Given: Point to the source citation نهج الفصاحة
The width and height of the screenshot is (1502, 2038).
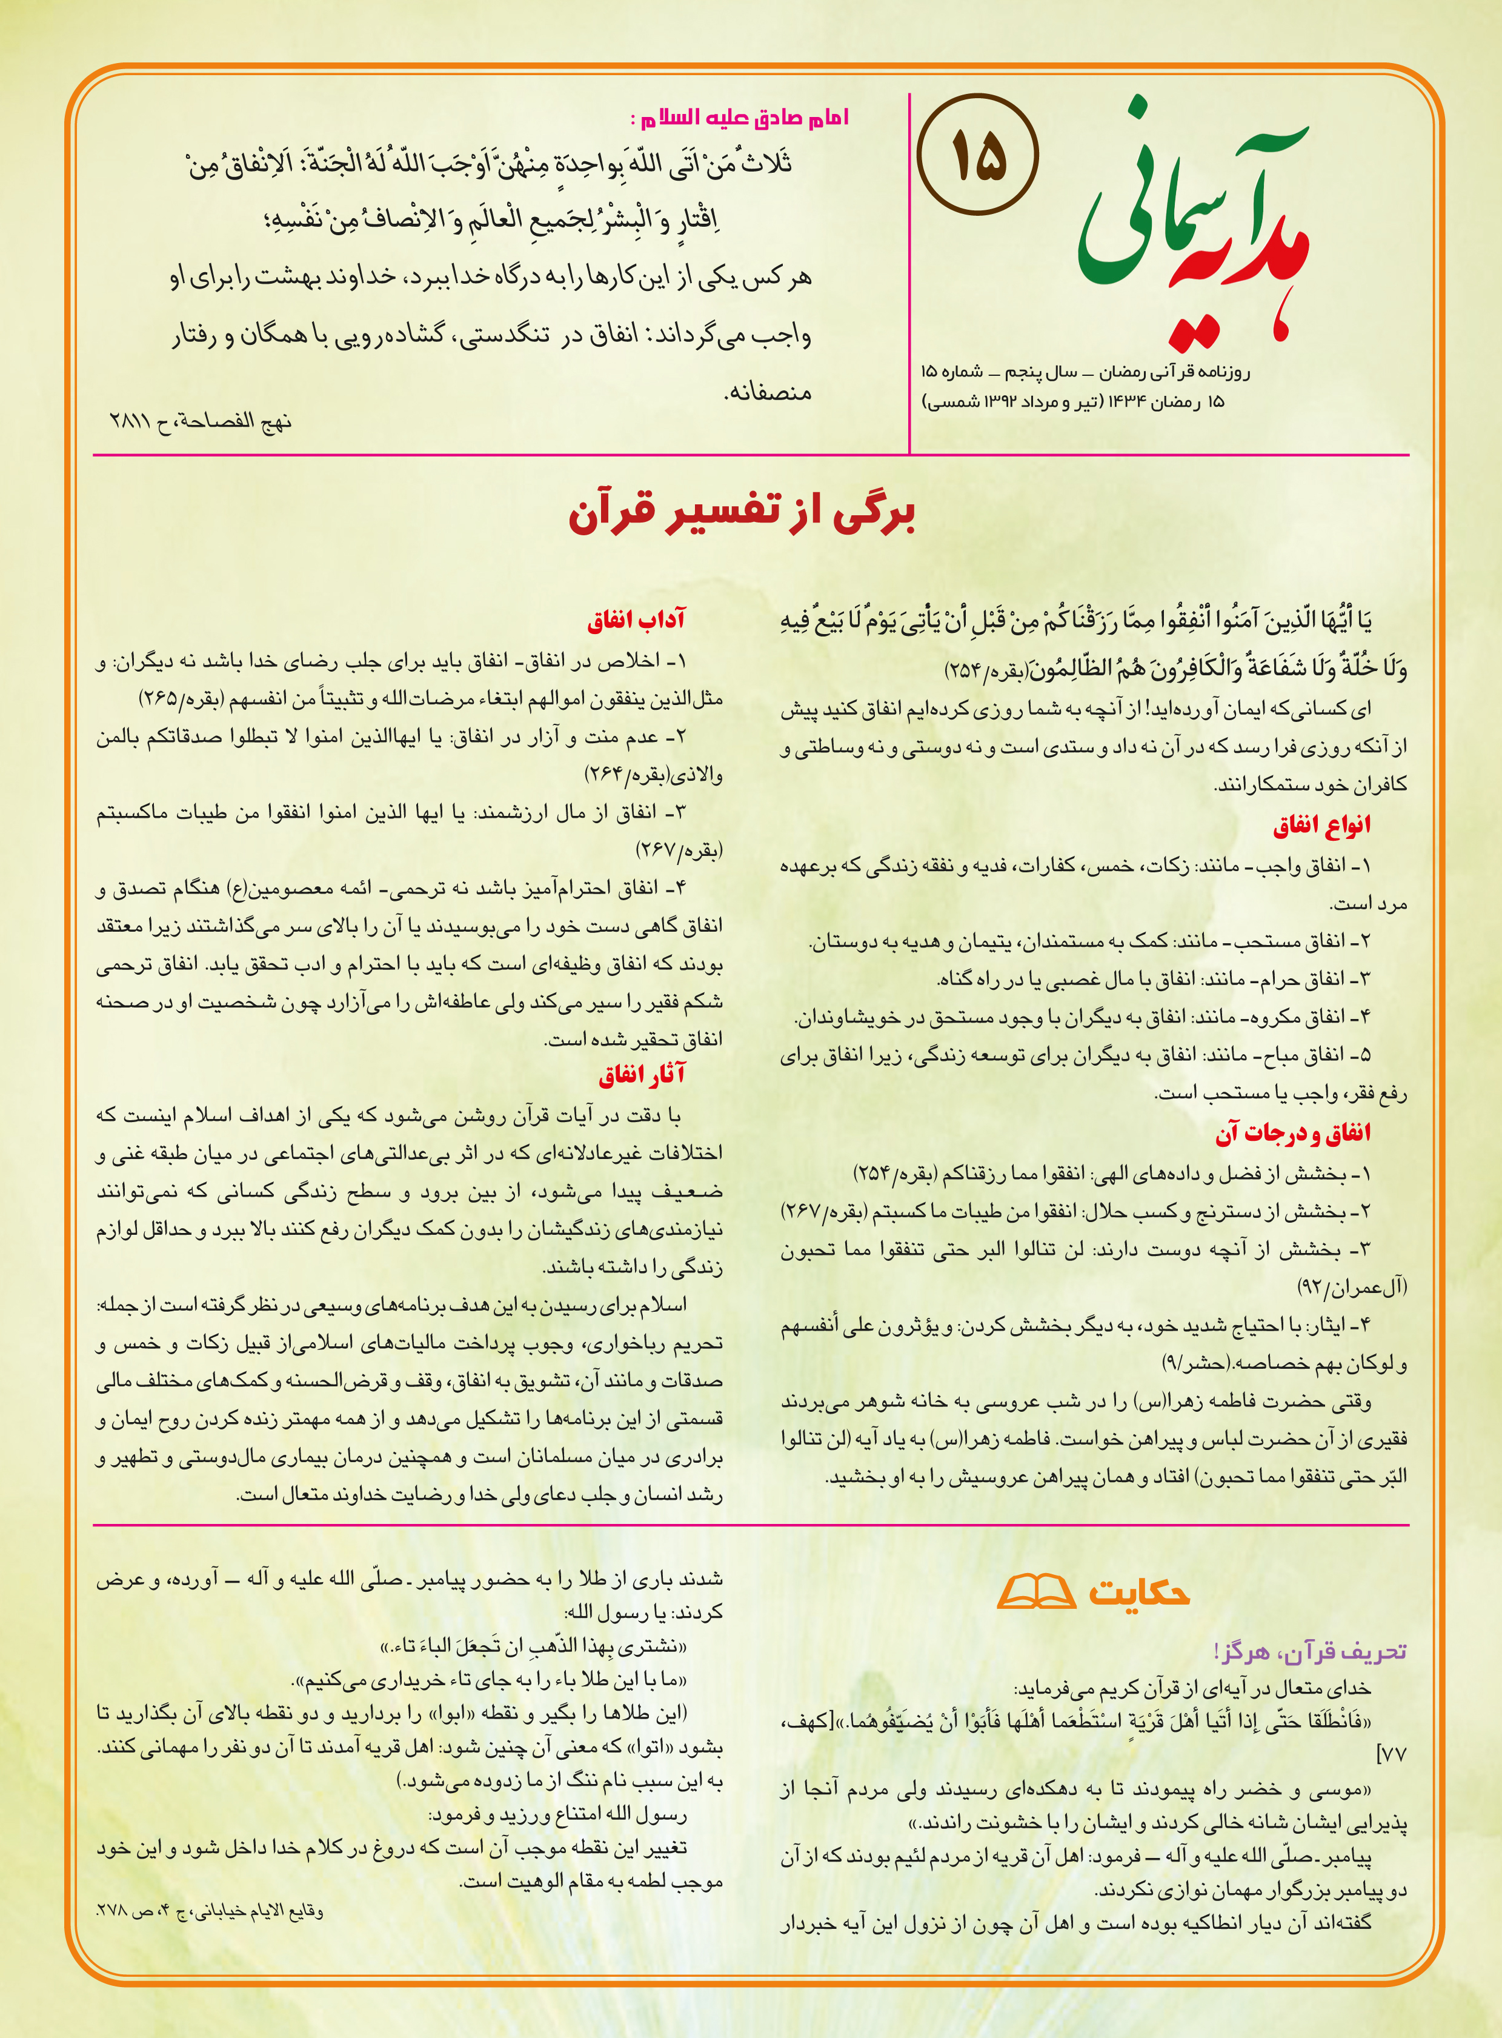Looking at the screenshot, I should pyautogui.click(x=200, y=421).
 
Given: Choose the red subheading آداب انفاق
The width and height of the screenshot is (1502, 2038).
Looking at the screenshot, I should pyautogui.click(x=636, y=620).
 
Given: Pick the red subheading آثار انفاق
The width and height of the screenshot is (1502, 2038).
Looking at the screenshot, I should pyautogui.click(x=641, y=1075).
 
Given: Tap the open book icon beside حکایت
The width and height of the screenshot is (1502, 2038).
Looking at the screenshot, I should pyautogui.click(x=1037, y=1591).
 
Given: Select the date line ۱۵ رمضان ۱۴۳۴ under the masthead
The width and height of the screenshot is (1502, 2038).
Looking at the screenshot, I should pyautogui.click(x=1073, y=401).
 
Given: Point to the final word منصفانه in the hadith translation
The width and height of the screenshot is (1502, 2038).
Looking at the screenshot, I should pyautogui.click(x=768, y=392).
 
